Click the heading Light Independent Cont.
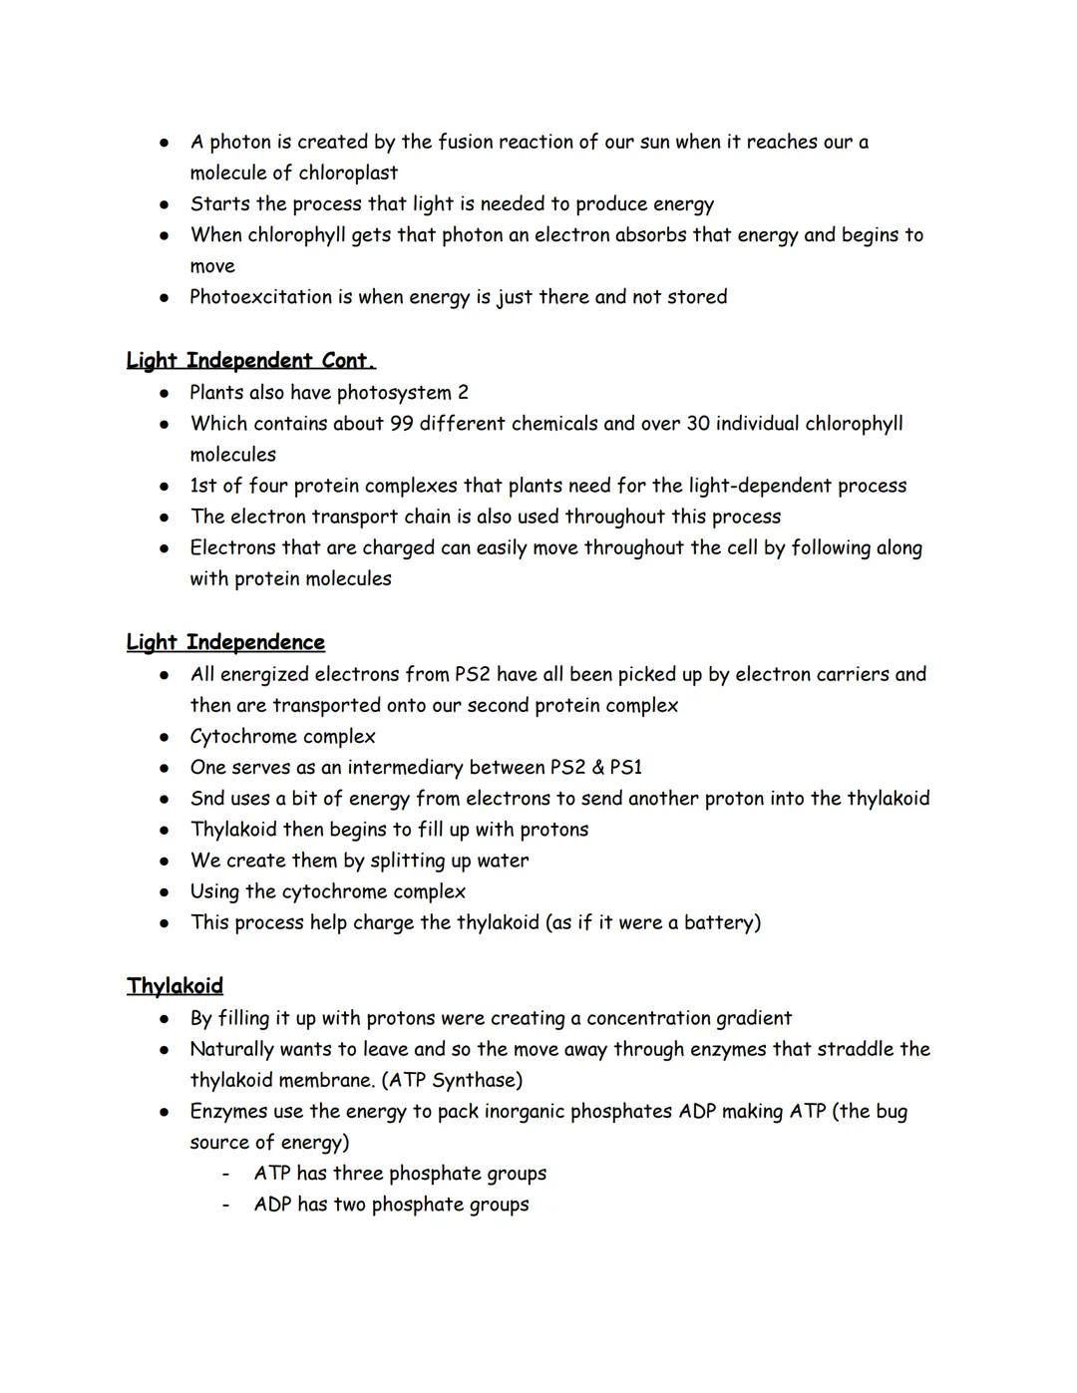(250, 360)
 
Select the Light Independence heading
(225, 642)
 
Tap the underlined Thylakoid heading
(175, 986)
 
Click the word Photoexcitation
(262, 297)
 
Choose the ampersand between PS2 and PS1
(590, 768)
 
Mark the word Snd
(207, 799)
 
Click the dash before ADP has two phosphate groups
(226, 1205)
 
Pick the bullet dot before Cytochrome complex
(164, 737)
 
